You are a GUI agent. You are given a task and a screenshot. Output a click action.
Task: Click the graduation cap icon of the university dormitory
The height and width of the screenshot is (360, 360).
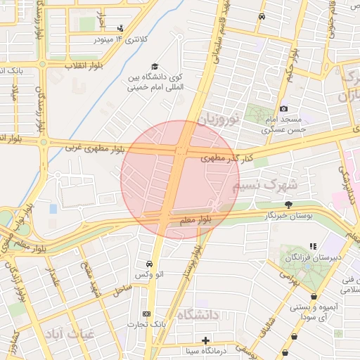tap(155, 67)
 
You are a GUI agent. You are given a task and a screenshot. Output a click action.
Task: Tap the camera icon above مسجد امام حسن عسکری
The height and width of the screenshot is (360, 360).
tap(283, 109)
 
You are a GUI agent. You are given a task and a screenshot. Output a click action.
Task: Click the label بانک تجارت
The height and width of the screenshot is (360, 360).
tap(144, 324)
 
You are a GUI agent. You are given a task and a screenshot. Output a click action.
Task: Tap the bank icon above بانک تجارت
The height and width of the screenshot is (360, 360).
tap(146, 314)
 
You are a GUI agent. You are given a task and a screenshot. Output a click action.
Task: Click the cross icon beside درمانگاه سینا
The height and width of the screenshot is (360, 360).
tap(205, 341)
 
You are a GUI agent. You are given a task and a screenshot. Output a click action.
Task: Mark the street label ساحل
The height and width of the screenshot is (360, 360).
tap(122, 288)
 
